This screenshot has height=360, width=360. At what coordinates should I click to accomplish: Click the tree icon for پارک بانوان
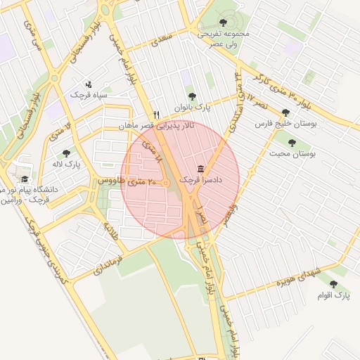pos(192,97)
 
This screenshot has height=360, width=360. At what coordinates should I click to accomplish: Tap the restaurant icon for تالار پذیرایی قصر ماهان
pos(157,115)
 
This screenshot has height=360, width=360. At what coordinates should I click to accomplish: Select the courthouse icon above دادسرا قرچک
pos(202,169)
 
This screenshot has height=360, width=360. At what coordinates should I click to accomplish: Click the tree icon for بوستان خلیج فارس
pos(285,112)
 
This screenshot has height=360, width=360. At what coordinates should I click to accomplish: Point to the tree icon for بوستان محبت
pos(292,143)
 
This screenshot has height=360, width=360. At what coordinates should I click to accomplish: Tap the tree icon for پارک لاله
pos(66,153)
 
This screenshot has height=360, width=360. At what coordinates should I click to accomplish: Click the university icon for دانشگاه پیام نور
pos(25,179)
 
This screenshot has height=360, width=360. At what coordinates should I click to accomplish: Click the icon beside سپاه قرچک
pos(88,84)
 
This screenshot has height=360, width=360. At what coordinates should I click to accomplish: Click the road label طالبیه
pos(112,233)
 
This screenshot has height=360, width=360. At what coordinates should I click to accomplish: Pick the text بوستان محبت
pos(292,153)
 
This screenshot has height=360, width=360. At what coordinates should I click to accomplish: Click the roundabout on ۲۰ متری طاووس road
pos(166,184)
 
